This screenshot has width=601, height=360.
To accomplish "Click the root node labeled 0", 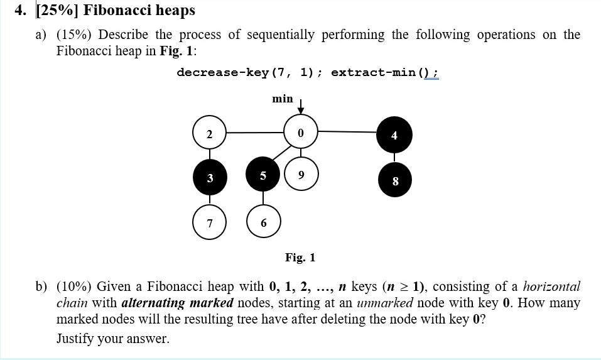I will pos(300,133).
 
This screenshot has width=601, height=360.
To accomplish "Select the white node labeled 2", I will pos(210,133).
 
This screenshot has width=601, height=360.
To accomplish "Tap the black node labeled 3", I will pos(210,178).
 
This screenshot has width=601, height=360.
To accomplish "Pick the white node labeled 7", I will pos(210,223).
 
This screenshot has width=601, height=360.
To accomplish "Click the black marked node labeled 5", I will pos(263,175).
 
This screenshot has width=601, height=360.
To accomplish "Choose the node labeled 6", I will pos(263,223).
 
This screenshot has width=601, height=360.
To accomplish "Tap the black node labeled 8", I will pos(394,180).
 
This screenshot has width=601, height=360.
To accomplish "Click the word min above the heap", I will pos(282,99).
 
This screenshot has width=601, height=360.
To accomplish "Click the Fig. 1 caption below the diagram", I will pos(300,258).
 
